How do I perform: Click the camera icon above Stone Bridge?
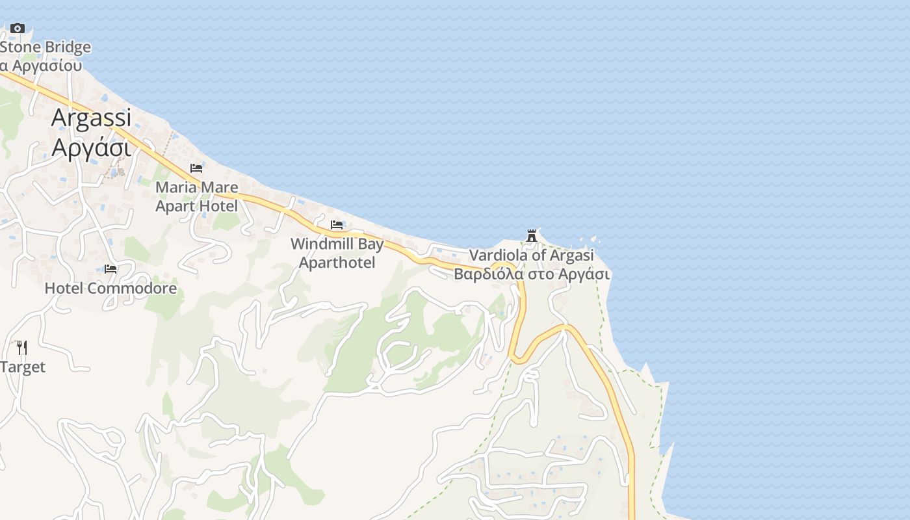click(18, 28)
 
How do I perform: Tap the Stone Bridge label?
click(45, 47)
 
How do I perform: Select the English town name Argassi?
click(91, 118)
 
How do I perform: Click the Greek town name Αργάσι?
click(91, 148)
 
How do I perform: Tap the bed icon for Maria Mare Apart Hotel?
click(196, 168)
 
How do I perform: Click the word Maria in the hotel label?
click(175, 188)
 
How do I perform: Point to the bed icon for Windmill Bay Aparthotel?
click(337, 225)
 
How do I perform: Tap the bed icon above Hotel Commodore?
click(110, 268)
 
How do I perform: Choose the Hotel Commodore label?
click(110, 288)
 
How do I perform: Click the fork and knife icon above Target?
click(21, 347)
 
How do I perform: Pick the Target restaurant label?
click(23, 367)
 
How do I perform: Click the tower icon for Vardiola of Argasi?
click(532, 235)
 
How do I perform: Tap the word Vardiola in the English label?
click(499, 255)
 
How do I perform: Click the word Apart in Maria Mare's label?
click(175, 206)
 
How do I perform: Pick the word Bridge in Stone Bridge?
click(68, 47)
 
